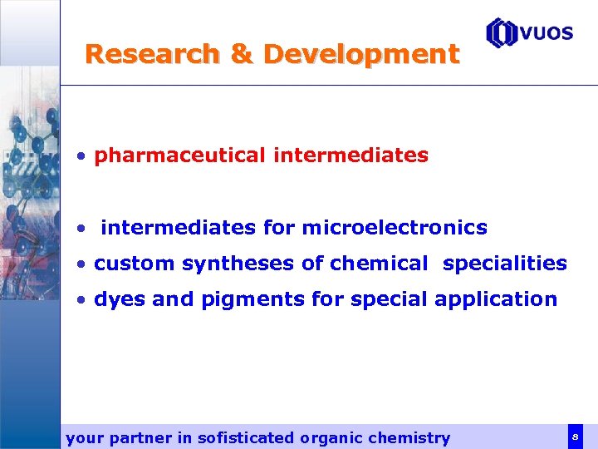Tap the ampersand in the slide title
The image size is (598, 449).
coord(242,55)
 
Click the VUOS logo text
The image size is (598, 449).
coord(547,32)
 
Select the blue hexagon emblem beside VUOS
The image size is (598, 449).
coord(502,33)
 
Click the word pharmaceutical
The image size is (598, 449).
coord(179,155)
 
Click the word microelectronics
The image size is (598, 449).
coord(395,227)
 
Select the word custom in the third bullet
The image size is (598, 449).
coord(135,264)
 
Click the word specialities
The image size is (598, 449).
coord(505,264)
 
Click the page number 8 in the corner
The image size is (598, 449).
coord(575,436)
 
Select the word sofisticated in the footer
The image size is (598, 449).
coord(246,437)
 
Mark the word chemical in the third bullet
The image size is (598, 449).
coord(380,264)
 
